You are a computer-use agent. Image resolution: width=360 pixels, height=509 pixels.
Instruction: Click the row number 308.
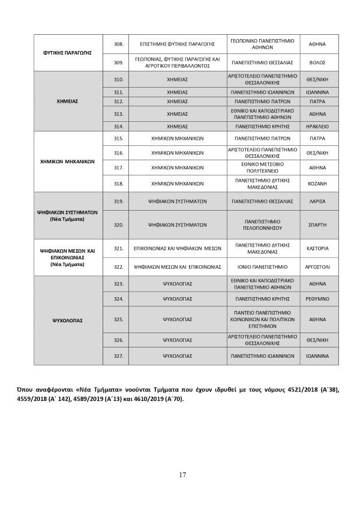[118, 44]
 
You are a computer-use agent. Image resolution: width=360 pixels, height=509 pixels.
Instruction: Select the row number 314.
[118, 127]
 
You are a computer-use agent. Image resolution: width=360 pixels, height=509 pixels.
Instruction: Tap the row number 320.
[118, 225]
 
